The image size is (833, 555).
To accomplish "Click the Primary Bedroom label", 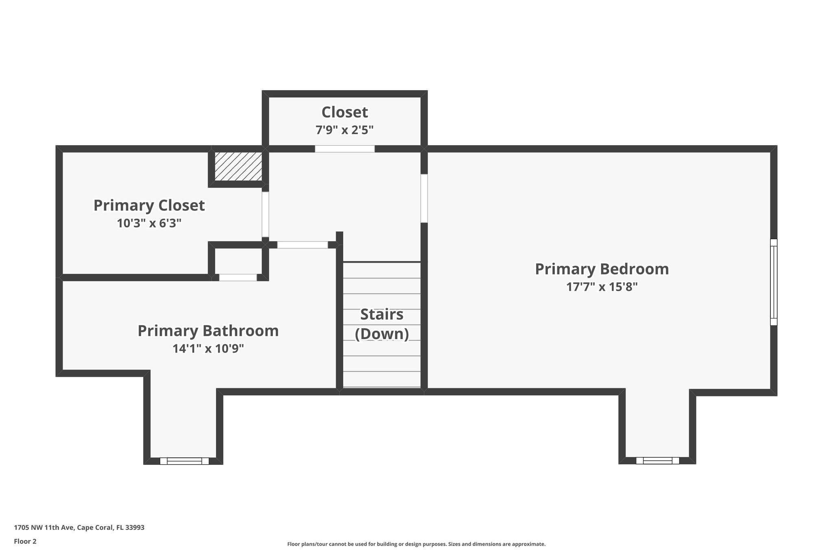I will click(x=602, y=269).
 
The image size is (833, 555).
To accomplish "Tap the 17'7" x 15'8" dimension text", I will click(x=602, y=287).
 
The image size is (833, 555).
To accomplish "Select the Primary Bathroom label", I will click(x=208, y=331).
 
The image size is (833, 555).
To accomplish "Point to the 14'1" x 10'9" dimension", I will click(x=208, y=349).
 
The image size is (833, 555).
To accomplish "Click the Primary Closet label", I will click(x=149, y=205).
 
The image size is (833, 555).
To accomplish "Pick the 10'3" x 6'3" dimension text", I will click(x=149, y=223).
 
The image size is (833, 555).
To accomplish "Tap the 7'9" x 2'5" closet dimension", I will click(x=345, y=130).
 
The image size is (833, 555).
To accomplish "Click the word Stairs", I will click(x=382, y=314).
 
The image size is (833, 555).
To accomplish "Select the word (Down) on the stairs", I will click(x=382, y=334).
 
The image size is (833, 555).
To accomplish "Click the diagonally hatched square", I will click(x=238, y=166).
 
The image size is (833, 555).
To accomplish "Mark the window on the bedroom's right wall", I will click(x=774, y=282).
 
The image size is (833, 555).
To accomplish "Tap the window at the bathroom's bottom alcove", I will click(x=184, y=461).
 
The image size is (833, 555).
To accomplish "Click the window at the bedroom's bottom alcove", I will click(x=657, y=461).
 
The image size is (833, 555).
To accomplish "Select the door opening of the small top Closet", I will click(x=345, y=149).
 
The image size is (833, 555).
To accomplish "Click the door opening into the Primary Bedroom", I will click(x=424, y=198).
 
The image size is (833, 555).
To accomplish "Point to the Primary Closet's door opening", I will click(x=265, y=214).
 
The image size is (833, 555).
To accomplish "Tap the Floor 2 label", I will click(x=25, y=541).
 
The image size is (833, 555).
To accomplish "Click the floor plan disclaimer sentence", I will click(x=416, y=544).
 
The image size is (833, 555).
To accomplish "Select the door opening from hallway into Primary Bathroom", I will click(x=302, y=245).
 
